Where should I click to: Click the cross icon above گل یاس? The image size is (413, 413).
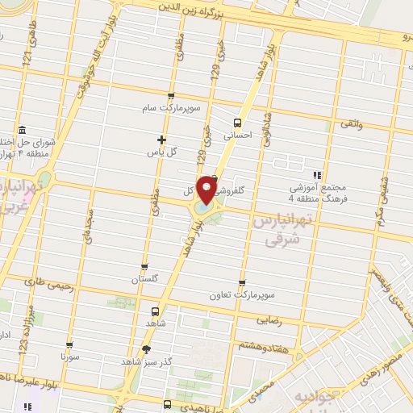(161, 139)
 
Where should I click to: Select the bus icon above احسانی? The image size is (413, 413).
(237, 123)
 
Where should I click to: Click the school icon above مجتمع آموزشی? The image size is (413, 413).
(319, 174)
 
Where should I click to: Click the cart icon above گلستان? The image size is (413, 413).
(144, 266)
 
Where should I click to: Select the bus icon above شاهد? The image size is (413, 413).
(155, 311)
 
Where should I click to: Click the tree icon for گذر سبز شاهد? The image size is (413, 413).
(146, 349)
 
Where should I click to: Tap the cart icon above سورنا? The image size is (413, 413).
(69, 344)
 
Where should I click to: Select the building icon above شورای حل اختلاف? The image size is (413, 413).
(20, 131)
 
